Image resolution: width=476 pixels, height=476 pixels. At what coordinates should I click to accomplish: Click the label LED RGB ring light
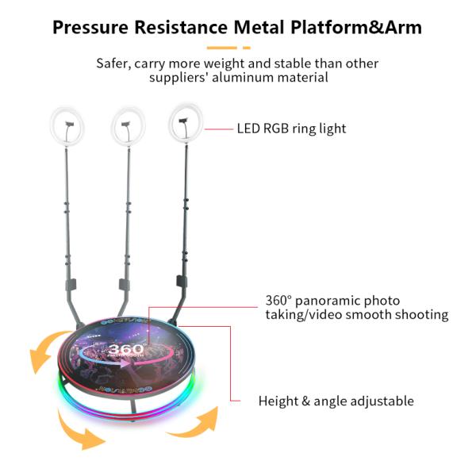click(291, 128)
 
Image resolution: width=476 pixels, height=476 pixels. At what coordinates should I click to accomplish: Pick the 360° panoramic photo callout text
click(356, 308)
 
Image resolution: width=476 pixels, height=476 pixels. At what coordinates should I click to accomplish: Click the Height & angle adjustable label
click(336, 401)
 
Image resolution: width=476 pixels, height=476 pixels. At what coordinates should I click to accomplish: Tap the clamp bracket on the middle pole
click(124, 284)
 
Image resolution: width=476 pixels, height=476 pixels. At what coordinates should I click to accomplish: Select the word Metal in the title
click(267, 28)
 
